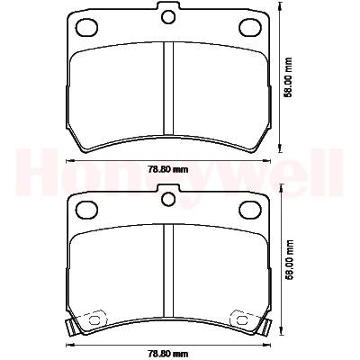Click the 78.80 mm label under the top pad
pos(168,170)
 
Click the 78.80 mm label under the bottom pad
pos(168,354)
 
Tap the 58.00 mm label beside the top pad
pos(289,77)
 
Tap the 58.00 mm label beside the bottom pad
pos(289,260)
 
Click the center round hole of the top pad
pos(168,17)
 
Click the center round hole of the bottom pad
pos(168,199)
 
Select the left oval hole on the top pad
pos(87,27)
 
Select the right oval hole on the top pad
pos(250,27)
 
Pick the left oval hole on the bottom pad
pos(87,210)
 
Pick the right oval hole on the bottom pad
pos(250,210)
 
